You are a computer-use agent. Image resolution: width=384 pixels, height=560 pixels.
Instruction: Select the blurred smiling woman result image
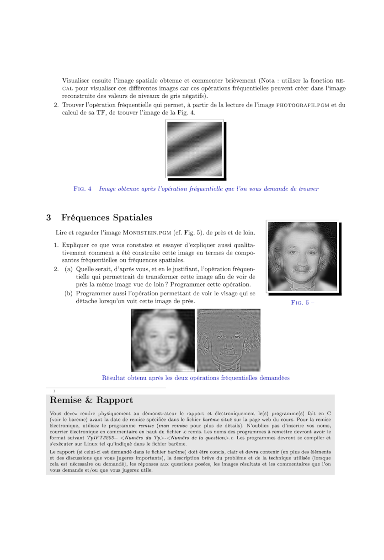click(163, 340)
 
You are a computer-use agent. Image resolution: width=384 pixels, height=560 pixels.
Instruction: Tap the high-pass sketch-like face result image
click(229, 340)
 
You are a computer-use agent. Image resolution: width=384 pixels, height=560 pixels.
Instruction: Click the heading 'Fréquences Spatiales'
click(107, 218)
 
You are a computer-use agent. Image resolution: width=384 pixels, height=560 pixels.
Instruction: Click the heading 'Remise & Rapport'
click(91, 400)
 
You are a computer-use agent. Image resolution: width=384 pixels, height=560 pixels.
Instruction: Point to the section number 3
click(48, 218)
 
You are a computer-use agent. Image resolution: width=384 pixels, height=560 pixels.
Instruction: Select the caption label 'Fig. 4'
click(83, 189)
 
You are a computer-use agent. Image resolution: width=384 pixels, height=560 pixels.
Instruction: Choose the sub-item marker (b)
click(69, 293)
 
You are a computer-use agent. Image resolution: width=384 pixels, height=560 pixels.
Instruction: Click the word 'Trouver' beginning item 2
click(74, 105)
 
